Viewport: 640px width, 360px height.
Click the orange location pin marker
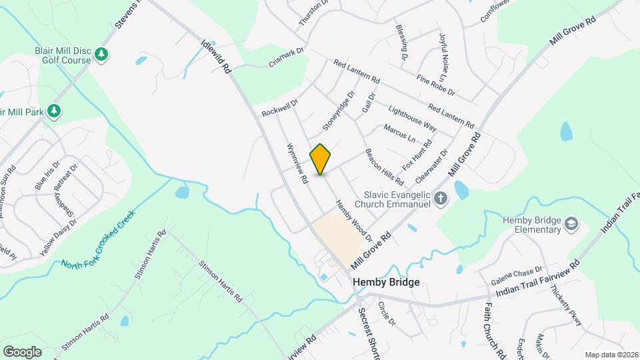pyautogui.click(x=321, y=159)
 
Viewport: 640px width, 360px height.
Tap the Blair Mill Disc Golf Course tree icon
pyautogui.click(x=101, y=54)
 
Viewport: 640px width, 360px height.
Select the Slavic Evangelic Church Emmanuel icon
pyautogui.click(x=440, y=198)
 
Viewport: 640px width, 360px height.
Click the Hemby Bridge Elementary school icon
pyautogui.click(x=571, y=224)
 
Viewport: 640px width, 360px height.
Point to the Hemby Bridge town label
pyautogui.click(x=386, y=282)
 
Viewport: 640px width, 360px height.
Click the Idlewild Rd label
pyautogui.click(x=215, y=55)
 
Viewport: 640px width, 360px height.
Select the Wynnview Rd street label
pyautogui.click(x=297, y=163)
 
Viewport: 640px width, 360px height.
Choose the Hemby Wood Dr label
pyautogui.click(x=353, y=220)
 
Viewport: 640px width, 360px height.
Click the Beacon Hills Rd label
pyautogui.click(x=384, y=167)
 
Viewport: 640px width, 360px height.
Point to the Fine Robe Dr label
pyautogui.click(x=435, y=85)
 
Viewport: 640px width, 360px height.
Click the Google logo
pyautogui.click(x=22, y=351)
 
